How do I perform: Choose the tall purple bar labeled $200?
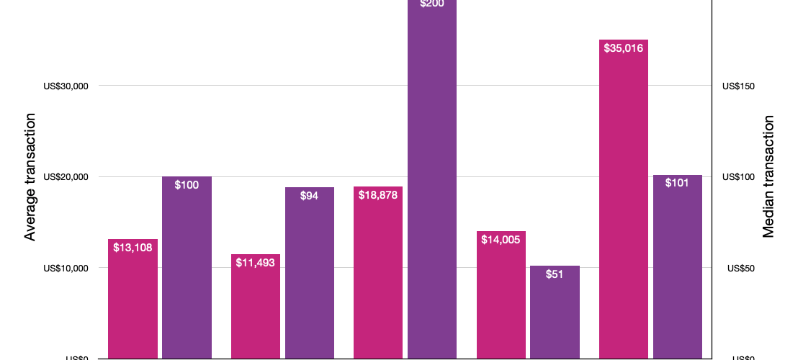[432, 180]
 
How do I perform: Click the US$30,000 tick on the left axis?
[66, 86]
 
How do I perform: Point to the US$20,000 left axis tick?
[66, 177]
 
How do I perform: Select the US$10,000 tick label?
[66, 269]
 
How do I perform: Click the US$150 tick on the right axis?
[738, 86]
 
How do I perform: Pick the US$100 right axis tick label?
[738, 177]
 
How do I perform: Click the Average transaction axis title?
[30, 177]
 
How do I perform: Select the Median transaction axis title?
[768, 177]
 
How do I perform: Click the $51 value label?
[555, 274]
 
